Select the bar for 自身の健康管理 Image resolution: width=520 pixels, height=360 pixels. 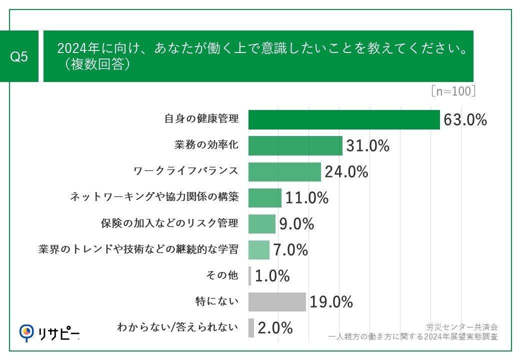point(344,119)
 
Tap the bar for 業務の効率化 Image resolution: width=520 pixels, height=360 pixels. point(295,145)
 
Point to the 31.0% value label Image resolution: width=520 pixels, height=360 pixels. point(367,146)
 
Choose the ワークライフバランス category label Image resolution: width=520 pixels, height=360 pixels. point(186,171)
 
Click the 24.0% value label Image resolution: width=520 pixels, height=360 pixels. point(346,172)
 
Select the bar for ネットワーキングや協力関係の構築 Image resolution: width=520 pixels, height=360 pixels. point(264,197)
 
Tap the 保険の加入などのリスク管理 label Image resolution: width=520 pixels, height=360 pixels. point(170,223)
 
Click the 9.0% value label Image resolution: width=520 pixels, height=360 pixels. point(296,224)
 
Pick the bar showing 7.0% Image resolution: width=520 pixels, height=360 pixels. point(258,249)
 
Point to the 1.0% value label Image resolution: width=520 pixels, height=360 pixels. point(272,276)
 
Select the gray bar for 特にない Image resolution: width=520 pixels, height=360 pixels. point(277,301)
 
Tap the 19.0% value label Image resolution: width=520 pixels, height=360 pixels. point(331,302)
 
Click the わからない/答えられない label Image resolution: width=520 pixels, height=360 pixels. point(177,327)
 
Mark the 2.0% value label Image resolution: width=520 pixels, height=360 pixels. point(275,328)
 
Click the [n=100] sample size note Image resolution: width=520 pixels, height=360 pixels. point(452,91)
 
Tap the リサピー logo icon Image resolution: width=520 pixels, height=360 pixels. point(26,332)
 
